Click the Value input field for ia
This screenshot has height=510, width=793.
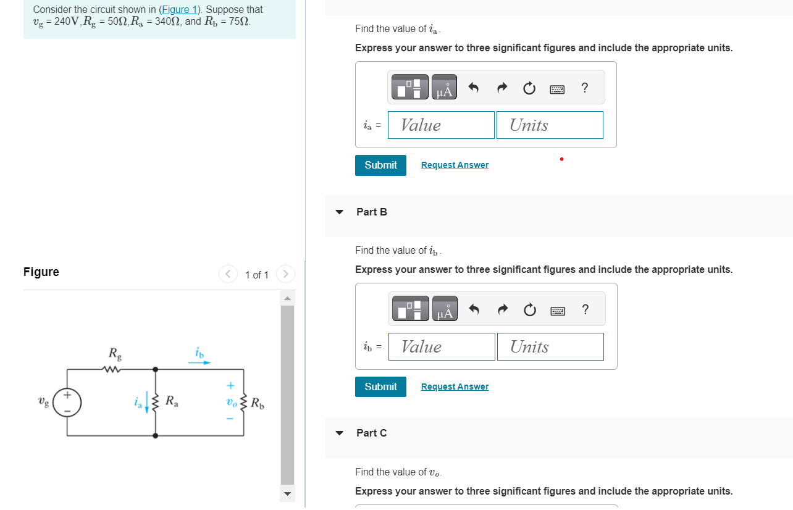(x=441, y=125)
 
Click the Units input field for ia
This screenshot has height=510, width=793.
(x=549, y=125)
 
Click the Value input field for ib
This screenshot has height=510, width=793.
(x=442, y=347)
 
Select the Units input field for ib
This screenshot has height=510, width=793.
(x=550, y=347)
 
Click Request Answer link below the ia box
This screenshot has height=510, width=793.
(x=455, y=165)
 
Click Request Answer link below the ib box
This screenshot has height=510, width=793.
(x=455, y=387)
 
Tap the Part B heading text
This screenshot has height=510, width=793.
(x=372, y=212)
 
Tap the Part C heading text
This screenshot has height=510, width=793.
(x=372, y=433)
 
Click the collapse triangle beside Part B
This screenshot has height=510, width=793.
(x=339, y=212)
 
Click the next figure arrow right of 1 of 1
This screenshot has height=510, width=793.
(x=285, y=274)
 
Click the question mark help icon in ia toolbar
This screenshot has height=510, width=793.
(x=584, y=88)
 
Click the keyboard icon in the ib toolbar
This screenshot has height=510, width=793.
(x=558, y=311)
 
